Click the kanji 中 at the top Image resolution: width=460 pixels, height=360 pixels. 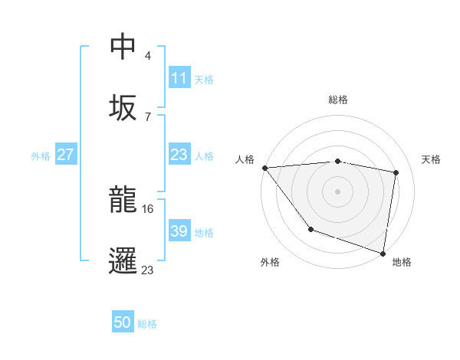click(x=123, y=47)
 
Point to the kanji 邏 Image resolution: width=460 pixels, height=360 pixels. click(x=123, y=261)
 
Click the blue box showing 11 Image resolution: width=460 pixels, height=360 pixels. click(x=179, y=78)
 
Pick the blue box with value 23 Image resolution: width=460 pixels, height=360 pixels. click(x=179, y=155)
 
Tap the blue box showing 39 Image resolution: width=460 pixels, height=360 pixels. click(x=179, y=231)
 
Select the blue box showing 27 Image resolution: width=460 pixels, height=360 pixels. click(x=66, y=155)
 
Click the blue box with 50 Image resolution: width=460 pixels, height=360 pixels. click(x=123, y=323)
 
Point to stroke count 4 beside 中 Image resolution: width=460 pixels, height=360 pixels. click(x=148, y=56)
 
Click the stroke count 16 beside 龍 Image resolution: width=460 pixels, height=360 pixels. click(x=148, y=208)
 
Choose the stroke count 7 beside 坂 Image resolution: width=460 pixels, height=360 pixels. click(x=148, y=116)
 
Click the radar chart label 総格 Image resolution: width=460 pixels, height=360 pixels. click(x=338, y=100)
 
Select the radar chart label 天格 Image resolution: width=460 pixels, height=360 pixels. click(x=431, y=159)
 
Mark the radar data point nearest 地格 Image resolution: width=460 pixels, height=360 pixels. click(x=383, y=253)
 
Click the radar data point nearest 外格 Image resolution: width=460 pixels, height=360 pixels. click(x=310, y=229)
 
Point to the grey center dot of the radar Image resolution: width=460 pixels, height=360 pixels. click(x=338, y=191)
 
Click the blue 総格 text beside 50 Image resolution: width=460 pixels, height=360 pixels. click(x=147, y=324)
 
